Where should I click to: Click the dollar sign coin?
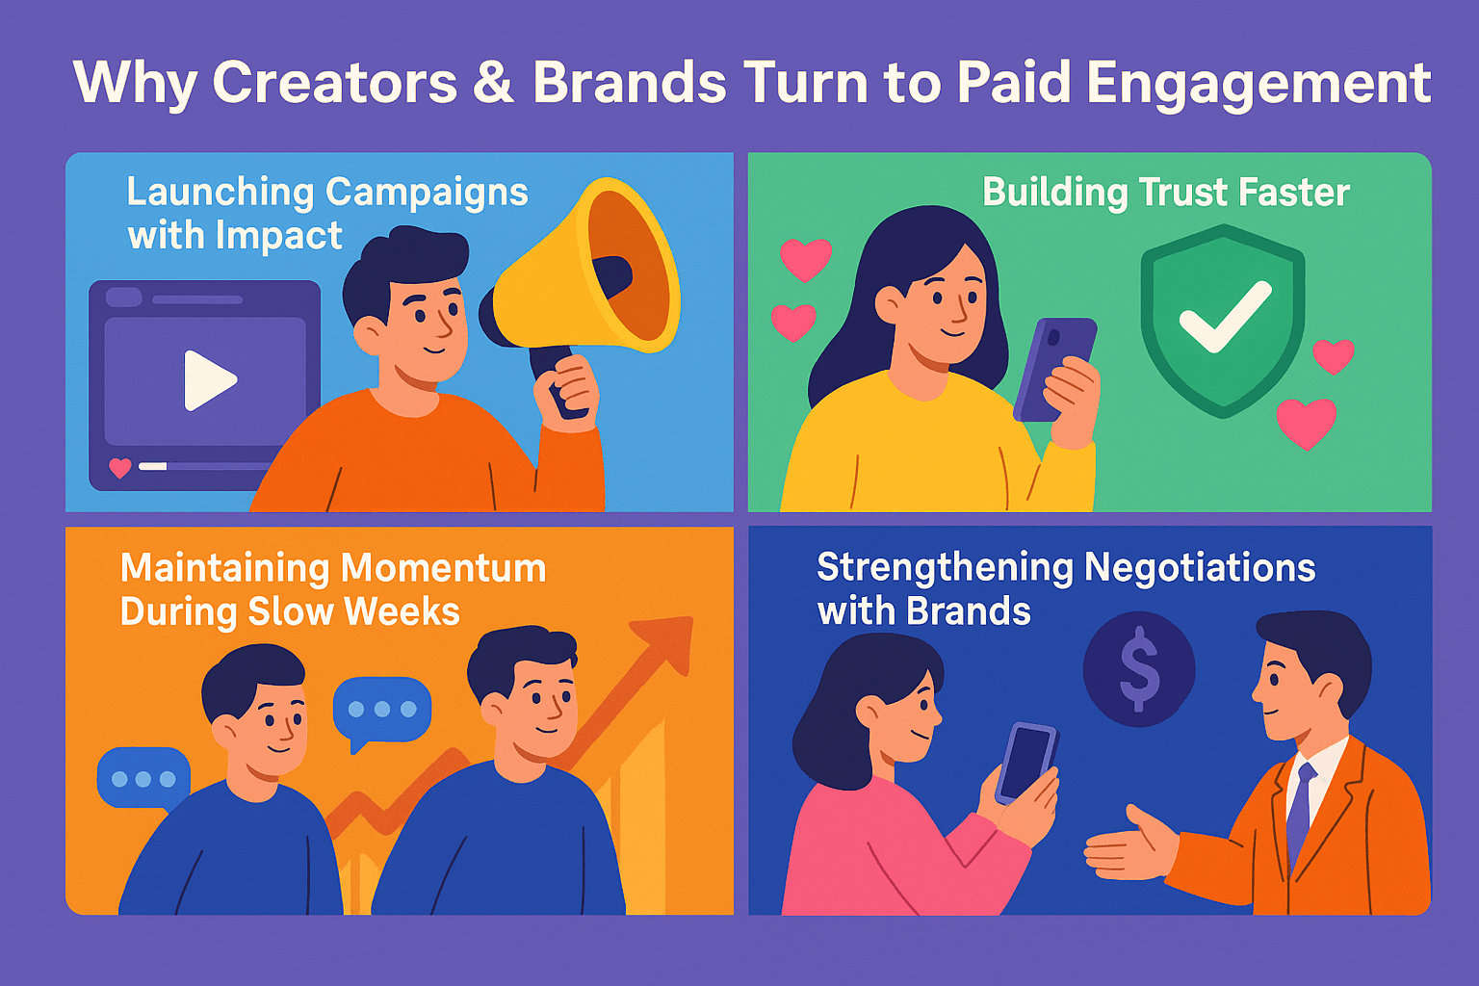tap(1139, 668)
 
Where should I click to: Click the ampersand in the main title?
tap(493, 83)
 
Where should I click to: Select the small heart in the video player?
tap(120, 468)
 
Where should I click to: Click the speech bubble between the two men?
tap(381, 711)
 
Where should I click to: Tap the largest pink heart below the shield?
tap(1307, 422)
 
